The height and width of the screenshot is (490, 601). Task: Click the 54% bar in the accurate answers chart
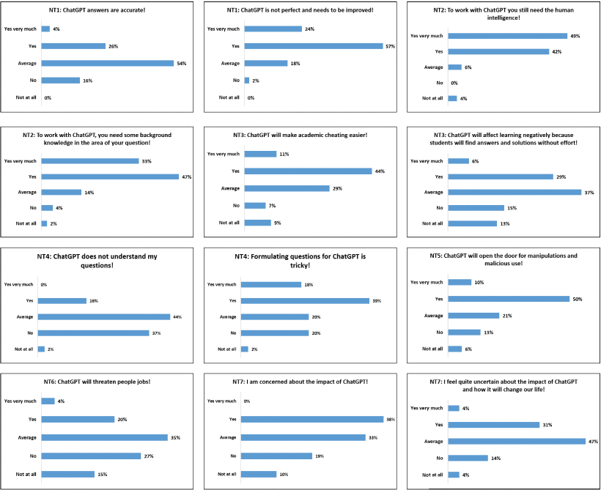pyautogui.click(x=107, y=63)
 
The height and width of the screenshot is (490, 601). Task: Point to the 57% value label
pyautogui.click(x=390, y=46)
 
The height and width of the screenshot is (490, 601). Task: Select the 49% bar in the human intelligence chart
pyautogui.click(x=507, y=36)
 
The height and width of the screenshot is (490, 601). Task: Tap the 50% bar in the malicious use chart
pyautogui.click(x=509, y=299)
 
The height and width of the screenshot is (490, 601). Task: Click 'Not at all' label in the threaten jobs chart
pyautogui.click(x=27, y=474)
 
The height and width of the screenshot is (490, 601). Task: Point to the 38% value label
pyautogui.click(x=390, y=419)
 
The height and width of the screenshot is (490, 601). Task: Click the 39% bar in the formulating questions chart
pyautogui.click(x=305, y=300)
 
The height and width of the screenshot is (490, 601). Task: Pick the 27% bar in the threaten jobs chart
pyautogui.click(x=91, y=456)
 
